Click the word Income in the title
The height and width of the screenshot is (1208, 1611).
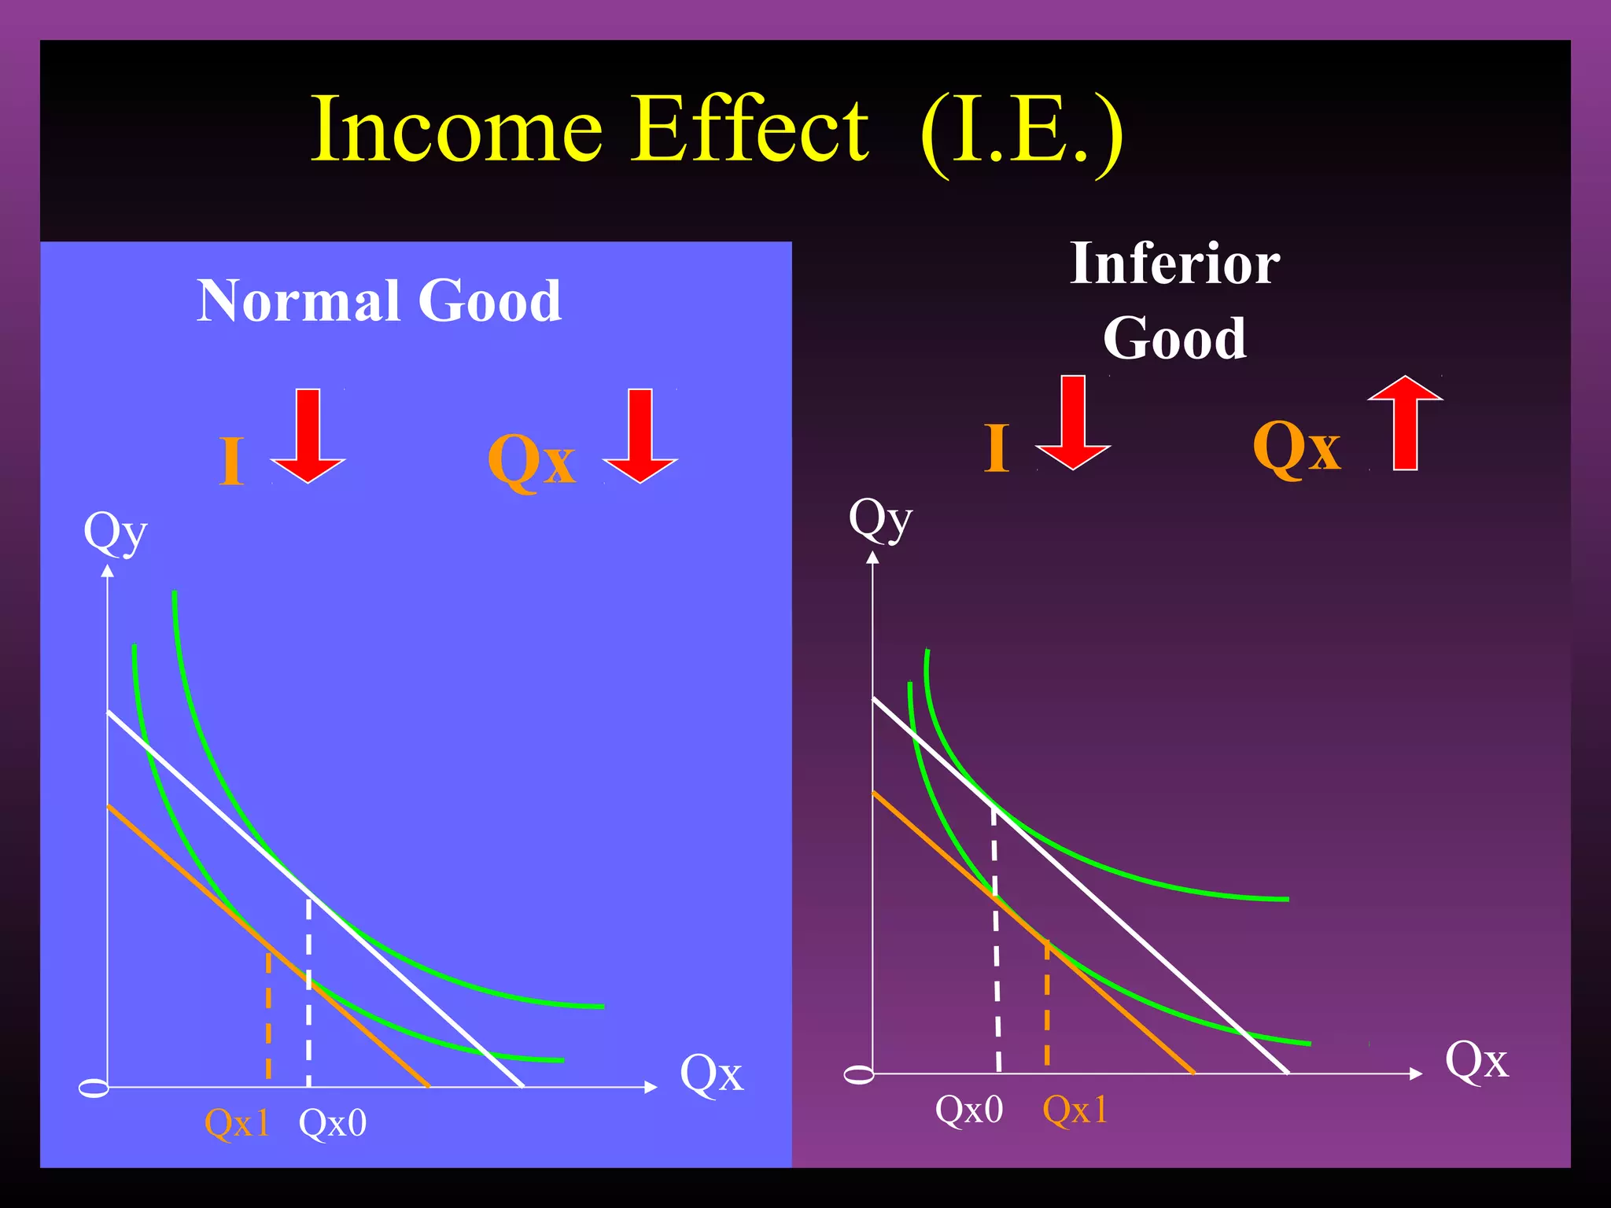tap(457, 130)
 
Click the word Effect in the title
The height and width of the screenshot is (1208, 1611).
tap(751, 130)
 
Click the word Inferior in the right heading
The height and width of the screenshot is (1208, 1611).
tap(1175, 264)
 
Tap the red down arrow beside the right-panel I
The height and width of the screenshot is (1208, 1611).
tap(1073, 422)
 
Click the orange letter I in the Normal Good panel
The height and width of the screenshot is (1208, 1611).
tap(231, 462)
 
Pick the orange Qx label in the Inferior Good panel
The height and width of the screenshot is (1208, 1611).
tap(1297, 446)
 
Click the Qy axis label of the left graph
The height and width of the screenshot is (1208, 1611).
tap(116, 532)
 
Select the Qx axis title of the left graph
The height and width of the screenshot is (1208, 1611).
tap(711, 1073)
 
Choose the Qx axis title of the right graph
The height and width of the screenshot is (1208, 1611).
tap(1476, 1059)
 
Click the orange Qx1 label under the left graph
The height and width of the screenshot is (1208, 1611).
tap(237, 1122)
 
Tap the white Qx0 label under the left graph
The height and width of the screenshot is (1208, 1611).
tap(333, 1122)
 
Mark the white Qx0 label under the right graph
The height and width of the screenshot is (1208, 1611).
tap(969, 1109)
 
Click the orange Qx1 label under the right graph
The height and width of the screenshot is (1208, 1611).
tap(1075, 1109)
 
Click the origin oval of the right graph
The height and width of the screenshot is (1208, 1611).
tap(859, 1074)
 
